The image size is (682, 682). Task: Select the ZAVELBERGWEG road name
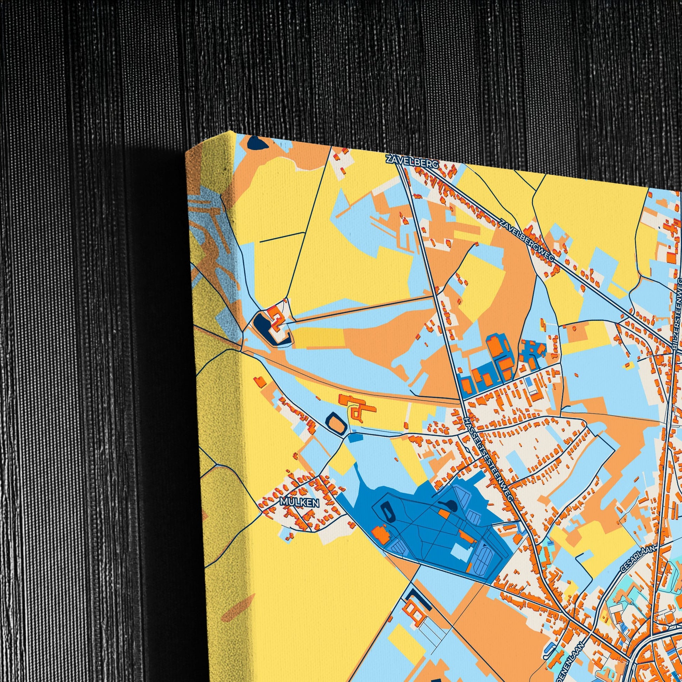(527, 240)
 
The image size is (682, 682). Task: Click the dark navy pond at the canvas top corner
(257, 143)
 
